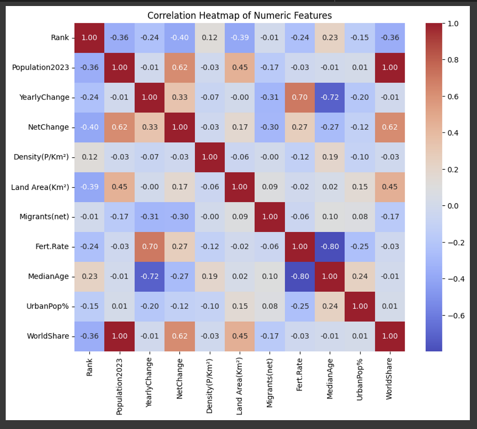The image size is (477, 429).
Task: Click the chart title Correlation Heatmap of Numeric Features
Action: (239, 16)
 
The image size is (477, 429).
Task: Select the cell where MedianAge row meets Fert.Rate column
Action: (300, 276)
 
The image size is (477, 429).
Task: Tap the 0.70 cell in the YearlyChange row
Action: (300, 97)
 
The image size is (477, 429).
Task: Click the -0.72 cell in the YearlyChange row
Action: (330, 97)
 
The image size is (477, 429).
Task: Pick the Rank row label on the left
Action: (60, 38)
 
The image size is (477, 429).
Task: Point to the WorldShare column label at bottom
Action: (389, 379)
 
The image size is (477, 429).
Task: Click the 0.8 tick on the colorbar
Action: (453, 60)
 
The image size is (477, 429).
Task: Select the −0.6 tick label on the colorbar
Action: (456, 316)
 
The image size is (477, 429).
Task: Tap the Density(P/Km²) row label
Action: (41, 157)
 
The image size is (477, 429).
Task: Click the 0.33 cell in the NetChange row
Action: (149, 127)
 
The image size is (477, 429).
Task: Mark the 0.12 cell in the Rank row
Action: (209, 38)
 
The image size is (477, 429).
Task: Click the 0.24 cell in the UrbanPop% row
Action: (330, 306)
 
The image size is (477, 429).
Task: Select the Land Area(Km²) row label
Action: (40, 187)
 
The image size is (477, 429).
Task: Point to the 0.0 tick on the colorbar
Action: (453, 206)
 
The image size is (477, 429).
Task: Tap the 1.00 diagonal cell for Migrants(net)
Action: (270, 217)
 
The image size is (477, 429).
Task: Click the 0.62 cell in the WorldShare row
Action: (180, 336)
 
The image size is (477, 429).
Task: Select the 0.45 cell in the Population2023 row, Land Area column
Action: (240, 68)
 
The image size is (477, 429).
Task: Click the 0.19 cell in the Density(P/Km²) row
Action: (330, 157)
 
